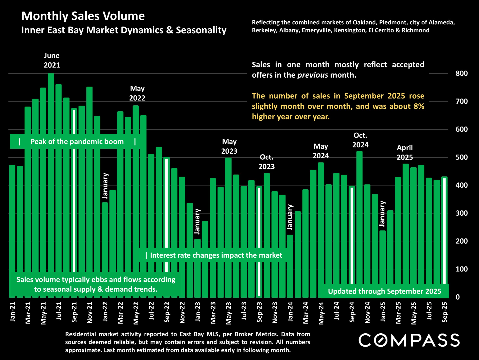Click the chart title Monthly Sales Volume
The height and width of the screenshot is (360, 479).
point(83,16)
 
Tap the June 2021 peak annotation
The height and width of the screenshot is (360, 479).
point(52,60)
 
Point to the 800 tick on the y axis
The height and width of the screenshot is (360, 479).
point(461,73)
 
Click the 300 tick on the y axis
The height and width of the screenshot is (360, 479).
point(461,213)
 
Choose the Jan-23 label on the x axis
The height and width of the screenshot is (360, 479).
point(198,311)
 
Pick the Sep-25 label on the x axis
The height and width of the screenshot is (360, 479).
point(445,312)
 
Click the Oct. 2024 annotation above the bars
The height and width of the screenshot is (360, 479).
point(360,140)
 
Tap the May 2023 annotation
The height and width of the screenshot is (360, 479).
point(229,146)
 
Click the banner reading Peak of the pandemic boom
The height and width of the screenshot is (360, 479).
point(77,142)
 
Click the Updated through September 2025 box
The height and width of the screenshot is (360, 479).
point(384,291)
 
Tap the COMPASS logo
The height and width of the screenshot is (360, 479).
point(409,340)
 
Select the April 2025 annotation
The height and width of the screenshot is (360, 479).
point(405,152)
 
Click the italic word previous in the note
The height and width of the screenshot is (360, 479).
point(312,75)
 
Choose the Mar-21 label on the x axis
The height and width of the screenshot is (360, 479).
point(28,313)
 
